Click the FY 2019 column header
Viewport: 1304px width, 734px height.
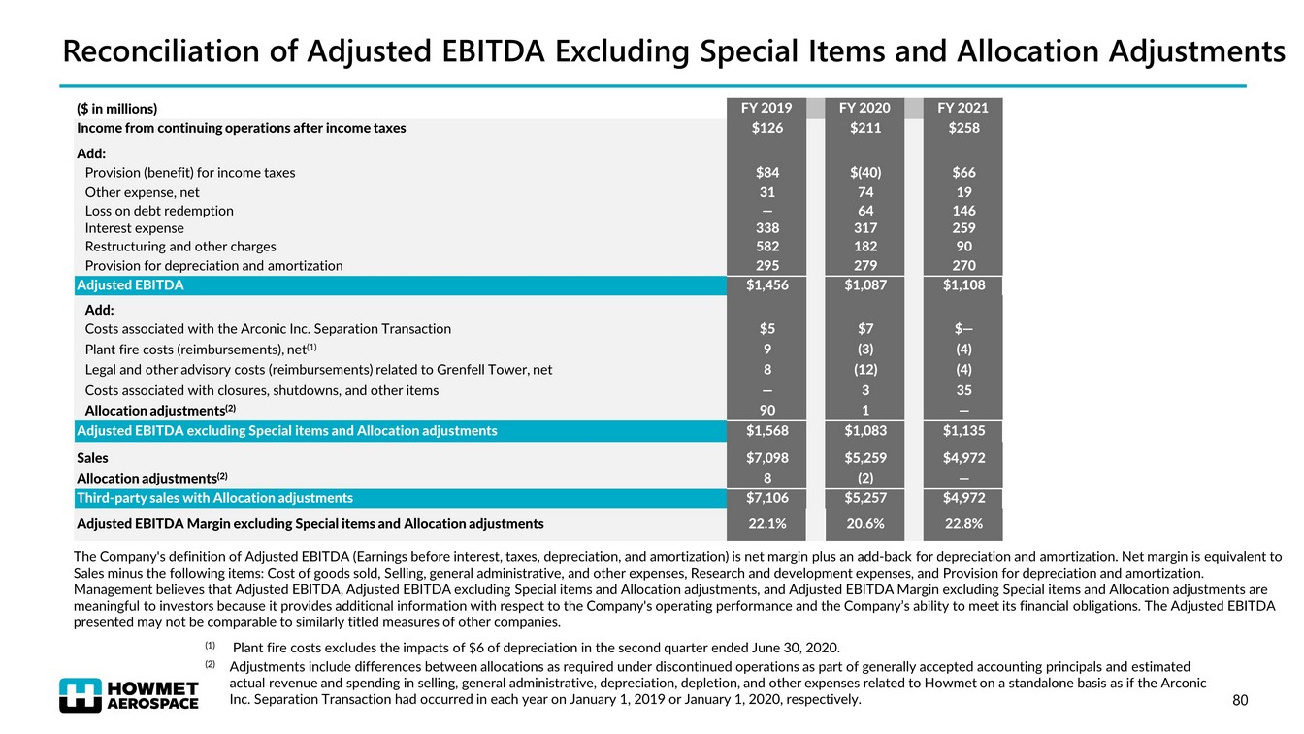[766, 108]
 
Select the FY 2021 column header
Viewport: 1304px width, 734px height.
[962, 108]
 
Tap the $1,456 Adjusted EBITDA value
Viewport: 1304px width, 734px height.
[766, 285]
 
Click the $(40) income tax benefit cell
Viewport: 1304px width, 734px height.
[864, 173]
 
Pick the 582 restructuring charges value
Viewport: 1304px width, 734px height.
[766, 247]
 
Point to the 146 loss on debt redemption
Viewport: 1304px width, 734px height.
[962, 210]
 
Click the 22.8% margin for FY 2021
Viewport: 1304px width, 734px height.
[962, 524]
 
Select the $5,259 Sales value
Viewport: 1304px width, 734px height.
[864, 457]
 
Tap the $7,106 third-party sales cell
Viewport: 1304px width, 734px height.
[766, 498]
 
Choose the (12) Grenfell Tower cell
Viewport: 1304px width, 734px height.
[864, 369]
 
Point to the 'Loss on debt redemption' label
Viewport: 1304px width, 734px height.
[159, 210]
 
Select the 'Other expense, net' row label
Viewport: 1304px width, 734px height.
[142, 192]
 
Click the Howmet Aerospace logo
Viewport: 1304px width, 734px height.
[129, 693]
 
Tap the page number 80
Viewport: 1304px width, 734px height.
[1239, 699]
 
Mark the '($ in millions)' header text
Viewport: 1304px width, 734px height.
[116, 108]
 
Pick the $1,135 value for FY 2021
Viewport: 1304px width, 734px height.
[962, 430]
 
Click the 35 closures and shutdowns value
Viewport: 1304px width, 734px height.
[962, 390]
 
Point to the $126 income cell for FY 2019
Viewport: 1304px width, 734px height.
[766, 128]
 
